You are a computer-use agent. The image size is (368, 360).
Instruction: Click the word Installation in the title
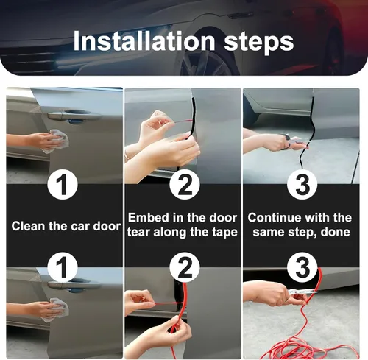point(144,41)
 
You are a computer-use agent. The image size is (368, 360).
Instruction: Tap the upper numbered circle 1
point(63,184)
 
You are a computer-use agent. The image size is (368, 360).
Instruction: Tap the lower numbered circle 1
point(63,267)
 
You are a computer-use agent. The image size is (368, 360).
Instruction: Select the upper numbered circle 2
point(185,184)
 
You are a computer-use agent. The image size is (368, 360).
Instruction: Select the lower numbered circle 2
point(185,267)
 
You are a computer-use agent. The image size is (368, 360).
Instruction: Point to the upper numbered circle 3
point(302,184)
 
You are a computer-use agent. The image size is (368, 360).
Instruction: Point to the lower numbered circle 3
point(302,267)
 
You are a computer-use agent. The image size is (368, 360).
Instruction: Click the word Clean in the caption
point(28,226)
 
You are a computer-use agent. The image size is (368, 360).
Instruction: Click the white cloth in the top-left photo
point(56,141)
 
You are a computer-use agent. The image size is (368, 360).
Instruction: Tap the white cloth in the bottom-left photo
point(55,310)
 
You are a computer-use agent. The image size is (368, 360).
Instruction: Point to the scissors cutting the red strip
point(301,292)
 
